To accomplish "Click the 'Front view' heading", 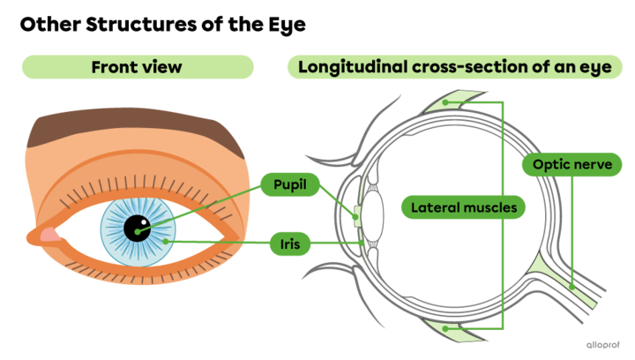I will click(x=138, y=67).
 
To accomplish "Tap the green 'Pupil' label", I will click(x=288, y=184).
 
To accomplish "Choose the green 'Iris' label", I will click(x=288, y=243).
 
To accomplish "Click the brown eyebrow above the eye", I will click(x=132, y=131).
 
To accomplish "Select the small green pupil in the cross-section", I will click(x=355, y=214).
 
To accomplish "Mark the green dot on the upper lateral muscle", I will click(x=447, y=101).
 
